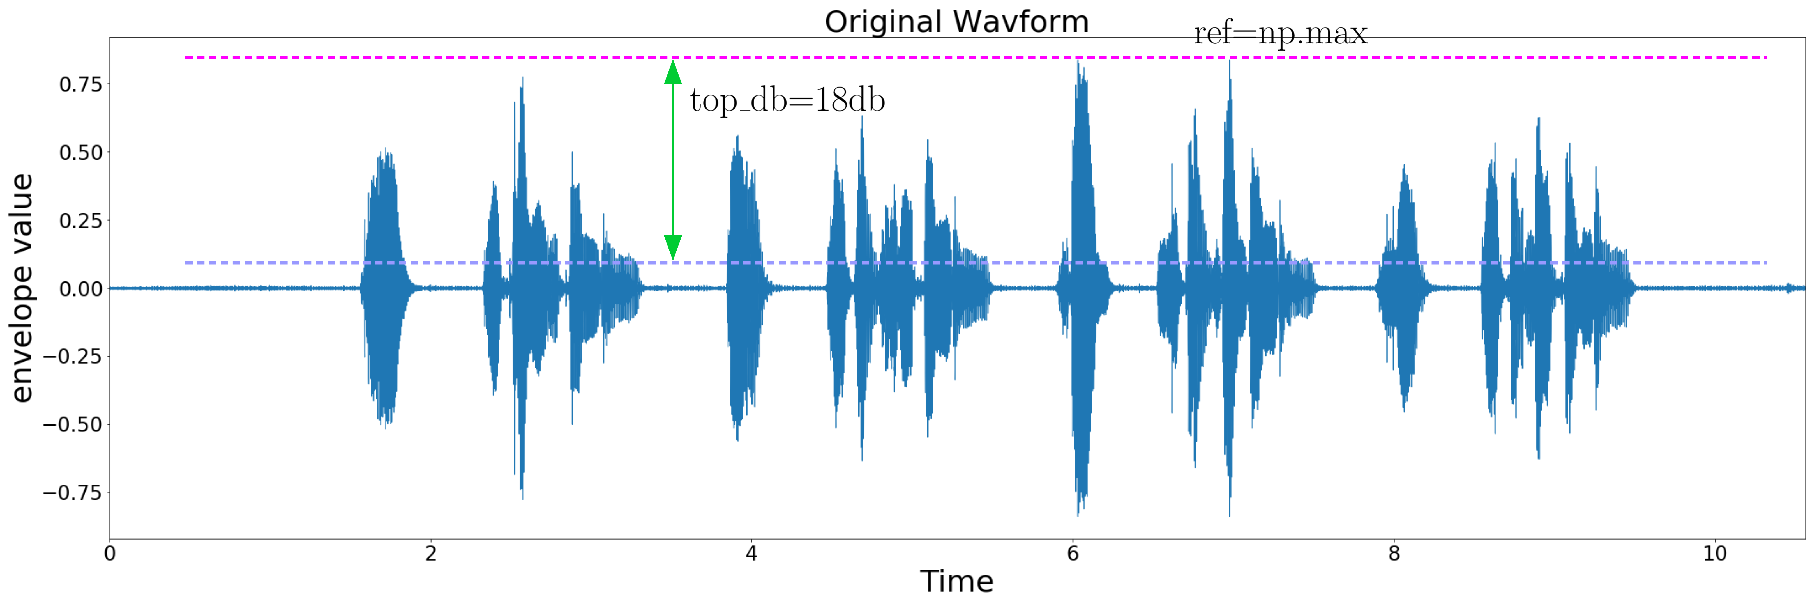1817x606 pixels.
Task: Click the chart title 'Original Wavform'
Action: (x=956, y=22)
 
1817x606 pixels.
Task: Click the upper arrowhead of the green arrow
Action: (x=673, y=72)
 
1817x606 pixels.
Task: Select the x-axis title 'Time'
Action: (x=956, y=581)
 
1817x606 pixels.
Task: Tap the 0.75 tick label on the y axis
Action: (x=80, y=85)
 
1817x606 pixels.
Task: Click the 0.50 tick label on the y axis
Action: (x=80, y=152)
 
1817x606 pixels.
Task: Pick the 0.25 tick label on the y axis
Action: (x=80, y=221)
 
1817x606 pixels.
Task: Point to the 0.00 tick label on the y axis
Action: (x=80, y=288)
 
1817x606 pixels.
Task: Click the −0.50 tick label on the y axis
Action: (x=73, y=425)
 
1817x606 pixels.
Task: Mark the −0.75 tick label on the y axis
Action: (x=73, y=492)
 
